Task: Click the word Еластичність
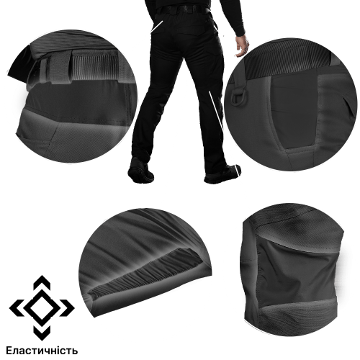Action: click(42, 351)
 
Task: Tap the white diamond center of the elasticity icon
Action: click(42, 307)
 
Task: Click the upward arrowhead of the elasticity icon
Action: click(42, 282)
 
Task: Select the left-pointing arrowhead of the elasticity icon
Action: click(16, 307)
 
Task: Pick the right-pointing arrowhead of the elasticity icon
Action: click(68, 307)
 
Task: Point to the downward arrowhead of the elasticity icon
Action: click(42, 333)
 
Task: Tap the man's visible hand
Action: click(243, 47)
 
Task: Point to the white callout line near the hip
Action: click(157, 26)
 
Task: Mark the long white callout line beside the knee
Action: click(216, 111)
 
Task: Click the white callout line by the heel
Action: click(238, 171)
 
